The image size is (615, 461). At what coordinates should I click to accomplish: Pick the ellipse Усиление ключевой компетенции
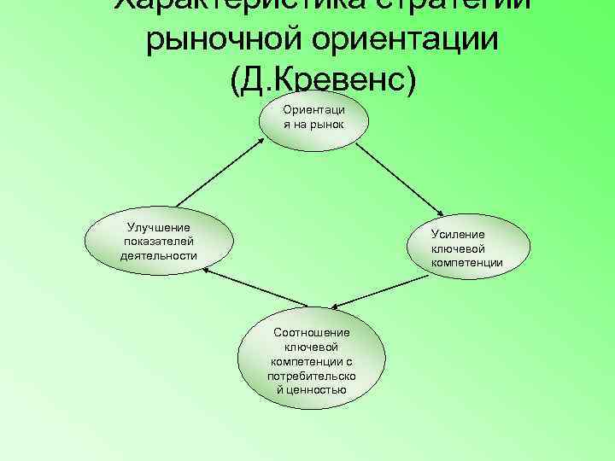tap(466, 248)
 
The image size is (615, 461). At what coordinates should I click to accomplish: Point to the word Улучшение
tap(159, 227)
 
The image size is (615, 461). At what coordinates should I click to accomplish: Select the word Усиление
tap(458, 235)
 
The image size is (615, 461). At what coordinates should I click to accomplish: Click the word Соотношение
tap(312, 332)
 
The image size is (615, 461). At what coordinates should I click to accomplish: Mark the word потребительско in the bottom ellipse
tap(312, 376)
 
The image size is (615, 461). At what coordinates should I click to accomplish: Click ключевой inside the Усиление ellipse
tap(458, 248)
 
